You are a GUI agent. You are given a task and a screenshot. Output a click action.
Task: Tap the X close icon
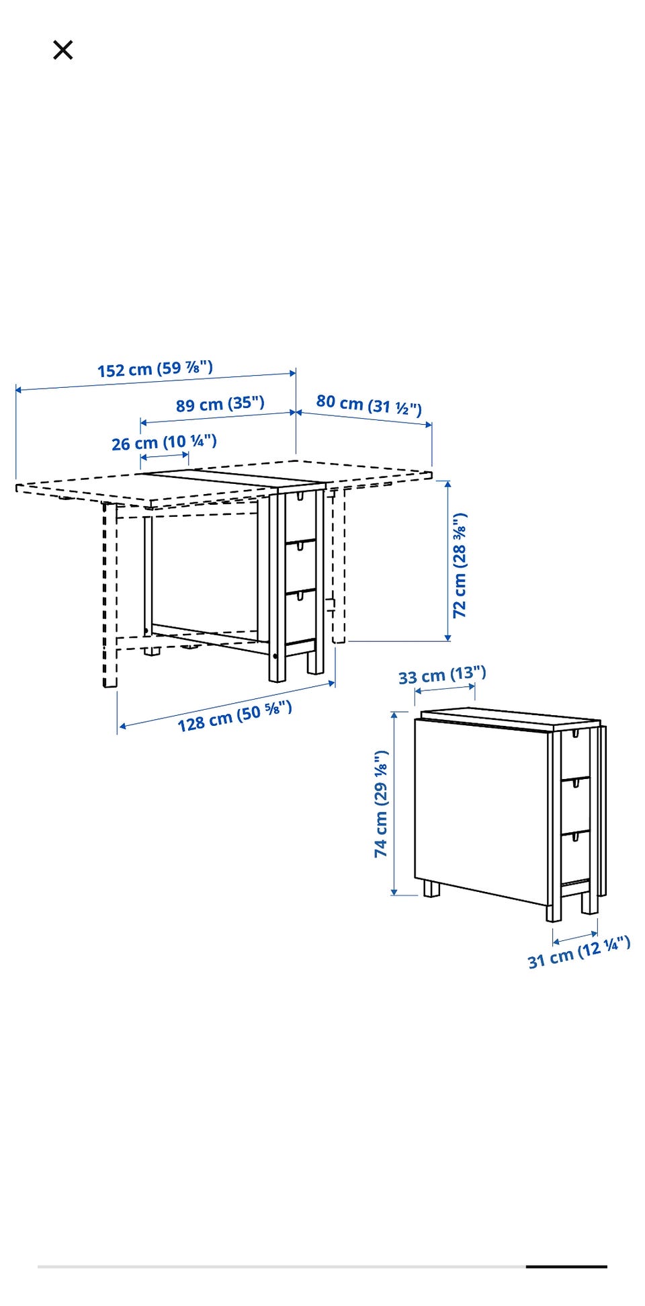pos(62,50)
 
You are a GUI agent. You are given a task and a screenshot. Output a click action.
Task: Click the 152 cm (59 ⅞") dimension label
pos(155,368)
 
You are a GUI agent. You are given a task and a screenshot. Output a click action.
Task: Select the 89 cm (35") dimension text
pos(220,404)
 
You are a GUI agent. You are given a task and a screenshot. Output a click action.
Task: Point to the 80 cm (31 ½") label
pos(369,405)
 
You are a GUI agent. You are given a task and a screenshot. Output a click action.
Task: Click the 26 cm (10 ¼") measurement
pos(164,442)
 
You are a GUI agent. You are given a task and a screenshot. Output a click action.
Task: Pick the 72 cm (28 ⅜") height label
pos(460,565)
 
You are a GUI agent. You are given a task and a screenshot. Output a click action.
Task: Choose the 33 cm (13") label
pos(442,675)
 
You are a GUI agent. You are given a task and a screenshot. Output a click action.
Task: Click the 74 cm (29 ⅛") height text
pos(381,804)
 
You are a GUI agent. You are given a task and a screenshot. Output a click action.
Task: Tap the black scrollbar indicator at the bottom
pos(566,1267)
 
